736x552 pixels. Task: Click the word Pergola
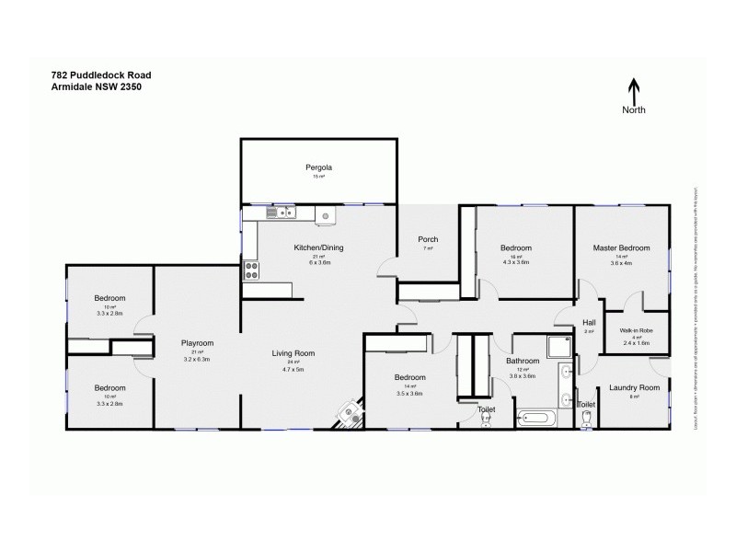coord(318,167)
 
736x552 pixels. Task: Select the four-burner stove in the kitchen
coord(250,270)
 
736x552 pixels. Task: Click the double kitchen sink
coord(280,213)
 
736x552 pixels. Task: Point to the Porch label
coord(429,240)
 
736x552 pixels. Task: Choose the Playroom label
coord(197,343)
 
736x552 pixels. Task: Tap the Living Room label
coord(293,353)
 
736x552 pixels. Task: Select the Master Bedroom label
coord(621,247)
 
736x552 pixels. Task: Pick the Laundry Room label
coord(636,388)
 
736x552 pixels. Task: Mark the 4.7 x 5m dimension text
coord(293,368)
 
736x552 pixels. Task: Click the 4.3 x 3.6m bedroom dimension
coord(515,263)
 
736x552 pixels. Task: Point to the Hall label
coord(590,323)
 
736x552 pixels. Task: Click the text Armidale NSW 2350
coord(96,87)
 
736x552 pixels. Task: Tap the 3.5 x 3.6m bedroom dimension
coord(409,393)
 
